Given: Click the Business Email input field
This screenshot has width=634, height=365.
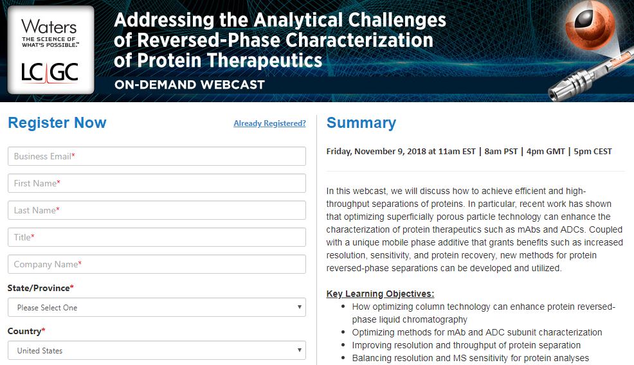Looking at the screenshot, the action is pyautogui.click(x=156, y=156).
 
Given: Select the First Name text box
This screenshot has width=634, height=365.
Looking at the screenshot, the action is pyautogui.click(x=156, y=183).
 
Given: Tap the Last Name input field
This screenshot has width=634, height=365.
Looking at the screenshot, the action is pyautogui.click(x=156, y=210).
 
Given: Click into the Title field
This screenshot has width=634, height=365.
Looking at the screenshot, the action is pyautogui.click(x=156, y=237).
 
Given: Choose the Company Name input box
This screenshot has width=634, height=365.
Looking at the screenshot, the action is pyautogui.click(x=156, y=264).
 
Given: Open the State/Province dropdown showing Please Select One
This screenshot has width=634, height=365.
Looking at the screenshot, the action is pyautogui.click(x=156, y=307).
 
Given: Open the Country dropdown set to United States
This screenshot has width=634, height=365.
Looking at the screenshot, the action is pyautogui.click(x=156, y=350).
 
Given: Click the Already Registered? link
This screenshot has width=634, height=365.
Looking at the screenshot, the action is pyautogui.click(x=269, y=123).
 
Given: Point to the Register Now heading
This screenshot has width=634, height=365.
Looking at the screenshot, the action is pyautogui.click(x=57, y=123).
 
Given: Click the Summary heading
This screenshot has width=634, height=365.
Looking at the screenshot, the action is pyautogui.click(x=361, y=123).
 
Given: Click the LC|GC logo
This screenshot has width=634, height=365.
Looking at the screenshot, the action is pyautogui.click(x=50, y=73).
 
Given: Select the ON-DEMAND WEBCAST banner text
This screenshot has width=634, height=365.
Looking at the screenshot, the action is pyautogui.click(x=189, y=84).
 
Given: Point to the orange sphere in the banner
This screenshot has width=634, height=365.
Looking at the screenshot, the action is pyautogui.click(x=590, y=26).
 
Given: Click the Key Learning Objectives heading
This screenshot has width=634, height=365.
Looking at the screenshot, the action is pyautogui.click(x=380, y=294).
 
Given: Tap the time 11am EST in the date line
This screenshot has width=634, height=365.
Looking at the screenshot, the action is pyautogui.click(x=457, y=151).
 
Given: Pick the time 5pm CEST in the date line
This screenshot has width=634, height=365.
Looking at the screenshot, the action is pyautogui.click(x=593, y=152).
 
